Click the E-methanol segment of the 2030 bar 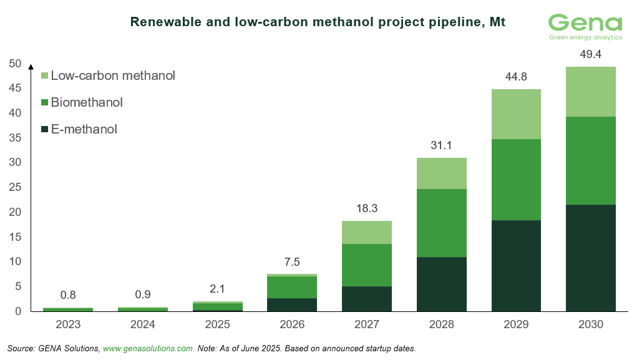coord(591,258)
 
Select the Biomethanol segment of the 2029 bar coord(516,180)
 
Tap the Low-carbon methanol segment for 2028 coord(442,173)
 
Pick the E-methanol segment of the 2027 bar coord(367,298)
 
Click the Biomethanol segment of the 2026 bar coord(292,287)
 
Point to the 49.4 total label coord(591,55)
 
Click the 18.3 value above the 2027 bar coord(367,209)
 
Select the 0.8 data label coord(67,295)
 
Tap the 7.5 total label coord(292,262)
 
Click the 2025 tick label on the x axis coord(217,324)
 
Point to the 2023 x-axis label coord(67,324)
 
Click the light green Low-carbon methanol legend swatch coord(44,76)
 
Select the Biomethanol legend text coord(87,102)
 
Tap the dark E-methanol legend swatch coord(44,130)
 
